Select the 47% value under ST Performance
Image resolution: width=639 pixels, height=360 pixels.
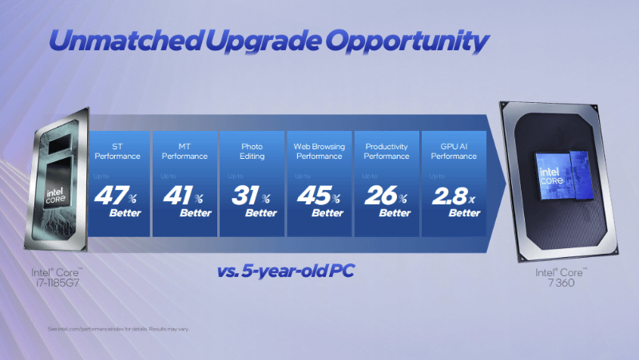pyautogui.click(x=117, y=196)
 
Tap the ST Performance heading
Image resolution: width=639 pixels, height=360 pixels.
pyautogui.click(x=117, y=152)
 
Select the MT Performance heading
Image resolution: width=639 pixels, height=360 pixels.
pyautogui.click(x=185, y=152)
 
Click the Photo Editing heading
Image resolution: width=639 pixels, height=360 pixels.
pyautogui.click(x=252, y=152)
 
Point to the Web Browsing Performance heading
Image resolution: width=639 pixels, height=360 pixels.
pyautogui.click(x=319, y=152)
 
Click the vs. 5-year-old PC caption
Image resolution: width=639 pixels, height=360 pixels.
pyautogui.click(x=285, y=271)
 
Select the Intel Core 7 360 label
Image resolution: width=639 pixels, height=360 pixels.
pyautogui.click(x=561, y=277)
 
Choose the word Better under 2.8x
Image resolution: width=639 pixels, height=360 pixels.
pyautogui.click(x=464, y=213)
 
